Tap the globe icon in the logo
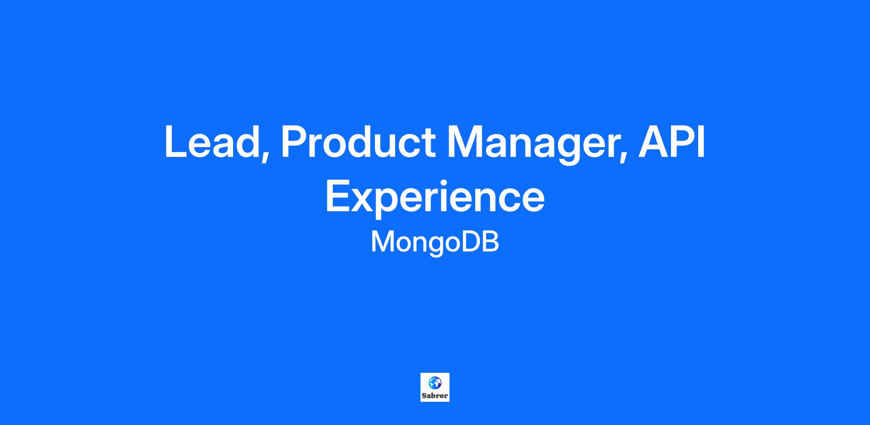pos(435,382)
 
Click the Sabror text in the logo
pos(435,396)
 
